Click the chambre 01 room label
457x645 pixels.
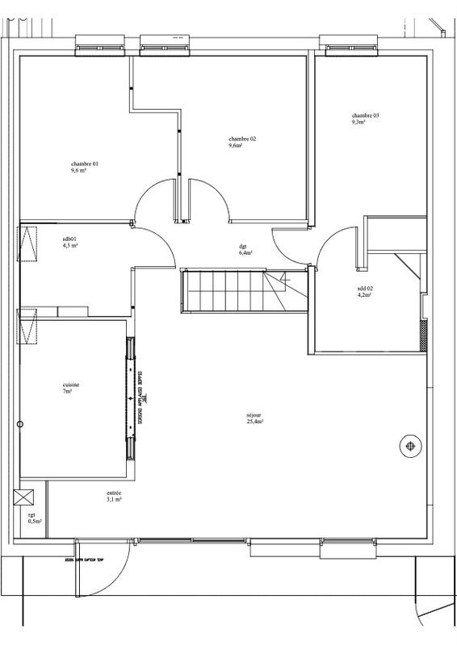(x=84, y=164)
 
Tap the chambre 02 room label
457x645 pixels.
(x=241, y=139)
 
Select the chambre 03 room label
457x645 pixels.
(x=365, y=115)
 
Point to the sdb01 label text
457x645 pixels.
(x=69, y=239)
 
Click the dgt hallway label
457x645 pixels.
(x=242, y=246)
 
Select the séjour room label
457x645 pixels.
(x=254, y=416)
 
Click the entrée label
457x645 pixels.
(x=113, y=493)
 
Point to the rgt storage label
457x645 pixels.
(x=32, y=514)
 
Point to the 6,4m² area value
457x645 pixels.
(x=245, y=252)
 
